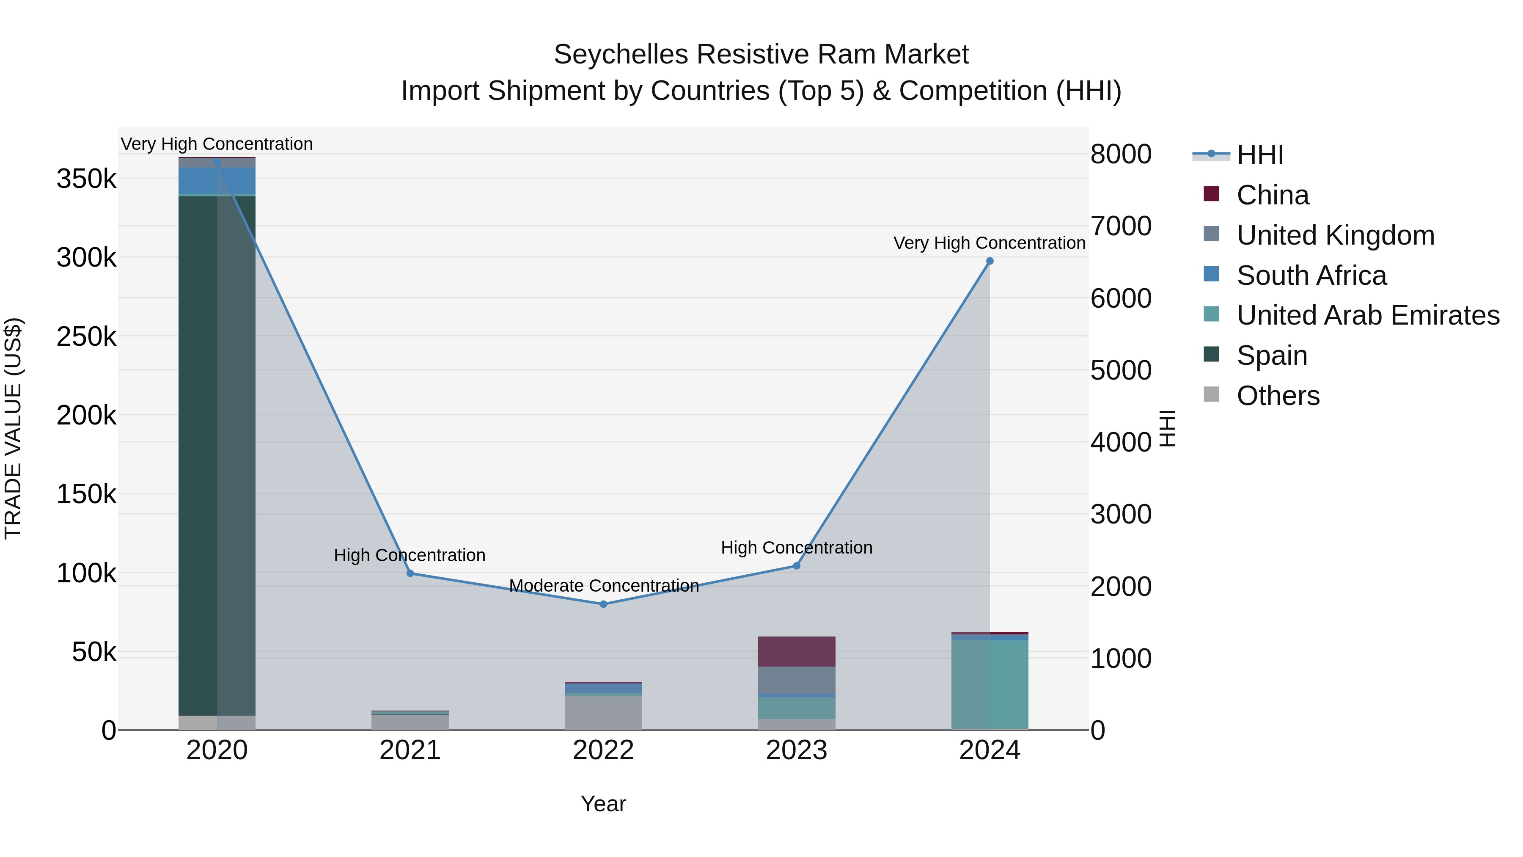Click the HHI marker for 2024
[x=990, y=261]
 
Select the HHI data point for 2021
[x=410, y=573]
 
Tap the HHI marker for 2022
[x=603, y=604]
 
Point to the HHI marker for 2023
[x=796, y=565]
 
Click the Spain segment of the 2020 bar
[x=217, y=455]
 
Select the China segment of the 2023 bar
[x=796, y=651]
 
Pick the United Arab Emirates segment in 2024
[x=990, y=684]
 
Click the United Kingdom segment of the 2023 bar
[x=796, y=680]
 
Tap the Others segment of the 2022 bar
[x=603, y=713]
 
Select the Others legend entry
[x=1278, y=396]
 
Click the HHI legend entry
[x=1259, y=155]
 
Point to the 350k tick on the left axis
[x=86, y=179]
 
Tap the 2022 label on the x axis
[x=603, y=750]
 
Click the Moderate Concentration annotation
[x=604, y=586]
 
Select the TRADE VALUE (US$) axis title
[x=13, y=428]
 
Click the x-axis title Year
[x=603, y=804]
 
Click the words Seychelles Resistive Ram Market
[x=761, y=55]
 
